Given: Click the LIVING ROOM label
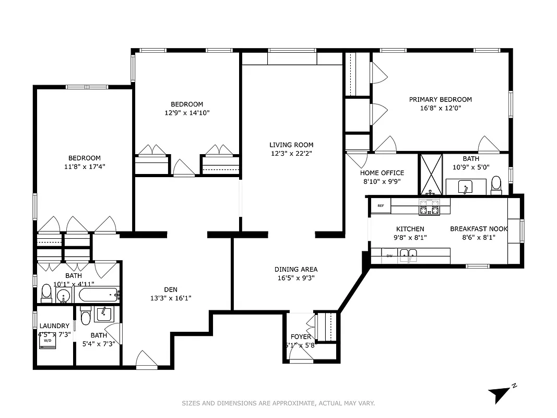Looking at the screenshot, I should point(291,145).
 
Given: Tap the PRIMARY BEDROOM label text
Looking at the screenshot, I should point(440,99).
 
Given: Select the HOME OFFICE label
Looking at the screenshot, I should point(382,173).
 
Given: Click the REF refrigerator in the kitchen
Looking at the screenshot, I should point(381,206).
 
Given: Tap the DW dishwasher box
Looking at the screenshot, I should point(389,256).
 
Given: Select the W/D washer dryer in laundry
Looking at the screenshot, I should point(48,340).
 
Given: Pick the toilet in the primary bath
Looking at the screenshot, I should point(496,183).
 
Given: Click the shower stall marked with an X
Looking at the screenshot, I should point(431,173).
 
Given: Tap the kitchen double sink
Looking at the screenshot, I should point(408,256).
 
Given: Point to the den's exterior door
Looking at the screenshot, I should point(146,361).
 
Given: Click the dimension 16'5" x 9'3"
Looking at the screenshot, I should point(296,278).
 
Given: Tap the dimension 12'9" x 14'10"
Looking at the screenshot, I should point(187,112).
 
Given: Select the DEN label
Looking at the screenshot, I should point(171,289).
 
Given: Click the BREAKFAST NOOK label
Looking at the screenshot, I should point(479,229).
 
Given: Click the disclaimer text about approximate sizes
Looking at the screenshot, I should point(278,403).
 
